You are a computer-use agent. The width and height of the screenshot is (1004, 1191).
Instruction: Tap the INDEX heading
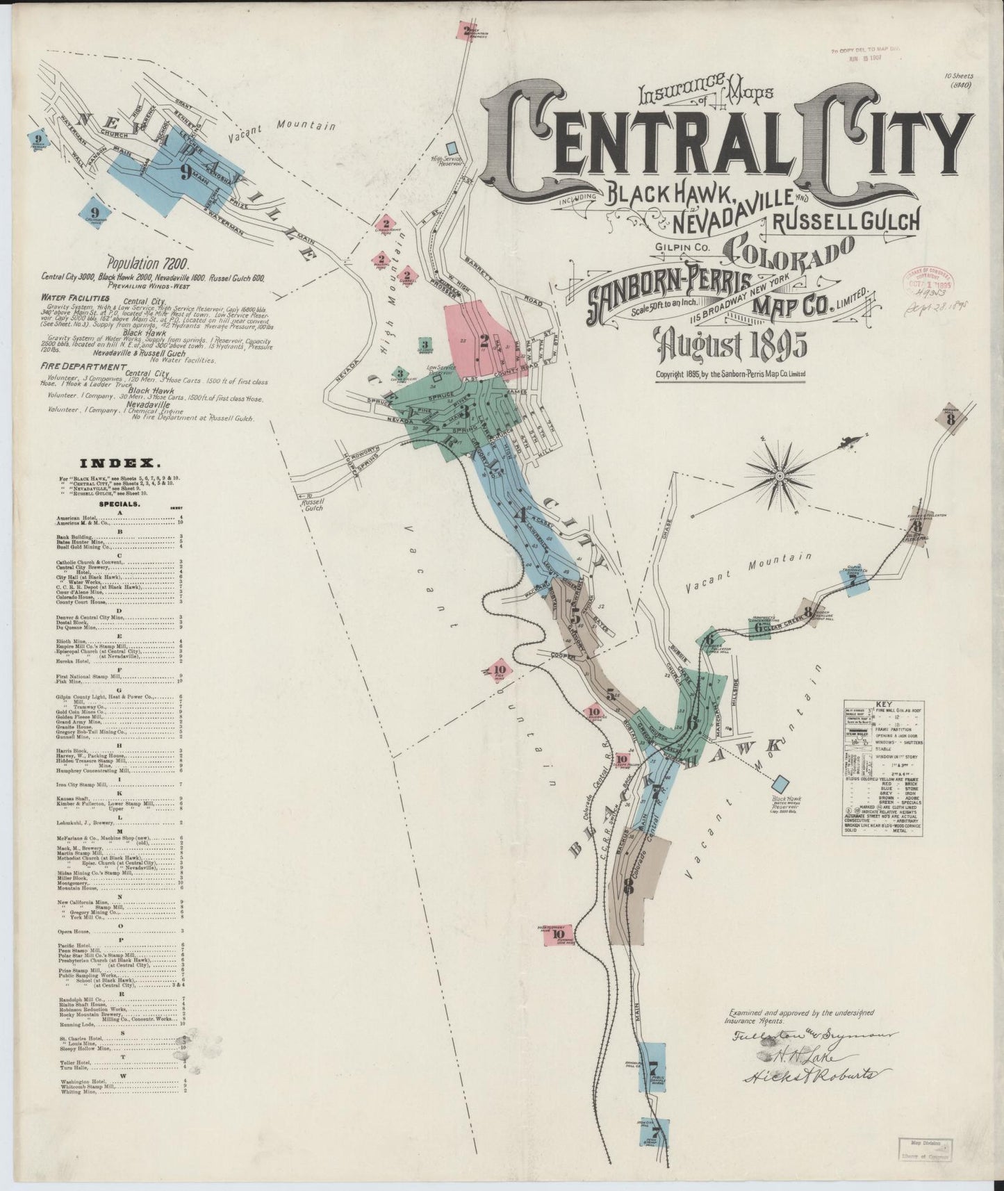121,462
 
